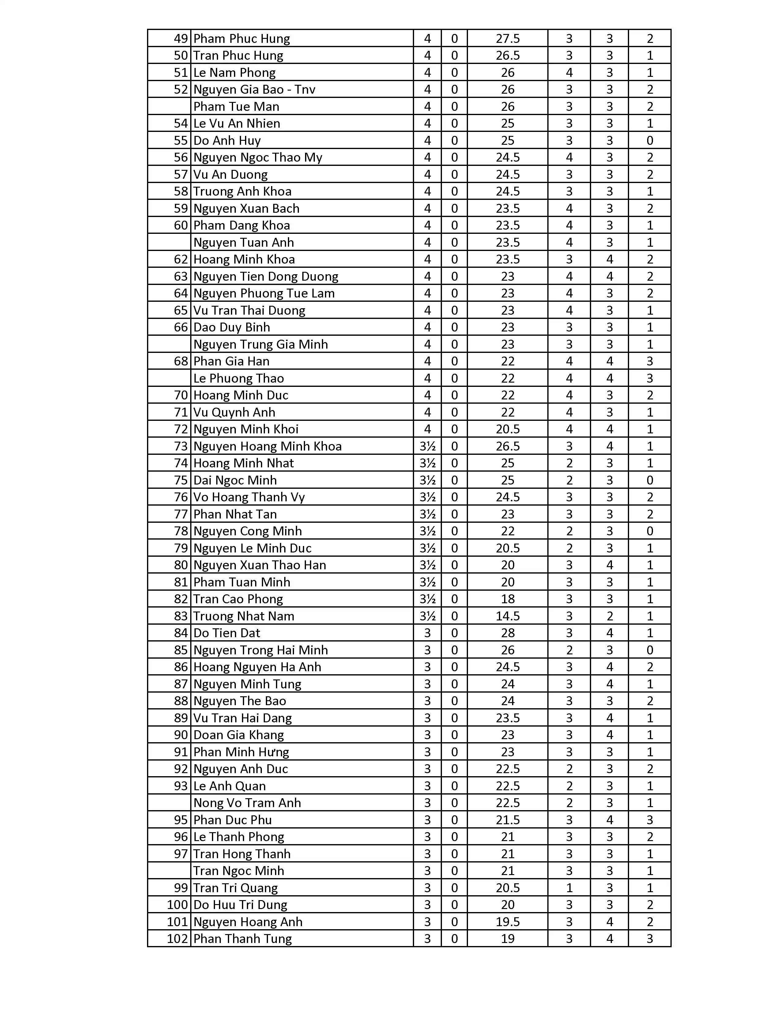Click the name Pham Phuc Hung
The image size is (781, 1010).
pyautogui.click(x=242, y=38)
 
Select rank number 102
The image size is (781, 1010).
pyautogui.click(x=178, y=939)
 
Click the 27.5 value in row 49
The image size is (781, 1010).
pyautogui.click(x=507, y=38)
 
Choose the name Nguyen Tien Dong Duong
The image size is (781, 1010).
pyautogui.click(x=266, y=277)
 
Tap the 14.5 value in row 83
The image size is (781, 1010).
pyautogui.click(x=507, y=616)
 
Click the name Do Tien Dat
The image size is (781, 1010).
pyautogui.click(x=227, y=633)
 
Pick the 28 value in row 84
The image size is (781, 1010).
pyautogui.click(x=507, y=633)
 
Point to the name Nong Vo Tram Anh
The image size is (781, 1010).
pyautogui.click(x=247, y=803)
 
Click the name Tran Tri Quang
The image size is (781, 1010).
pyautogui.click(x=236, y=888)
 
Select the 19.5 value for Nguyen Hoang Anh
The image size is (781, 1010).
pyautogui.click(x=507, y=922)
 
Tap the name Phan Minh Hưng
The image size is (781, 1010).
pyautogui.click(x=241, y=752)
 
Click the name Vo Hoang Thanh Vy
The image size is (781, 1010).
pyautogui.click(x=249, y=497)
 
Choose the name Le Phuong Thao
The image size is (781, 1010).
pyautogui.click(x=238, y=378)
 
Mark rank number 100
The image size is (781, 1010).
pyautogui.click(x=178, y=904)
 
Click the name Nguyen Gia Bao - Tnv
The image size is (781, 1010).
pyautogui.click(x=254, y=89)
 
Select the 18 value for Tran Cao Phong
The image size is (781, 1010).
pyautogui.click(x=507, y=599)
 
